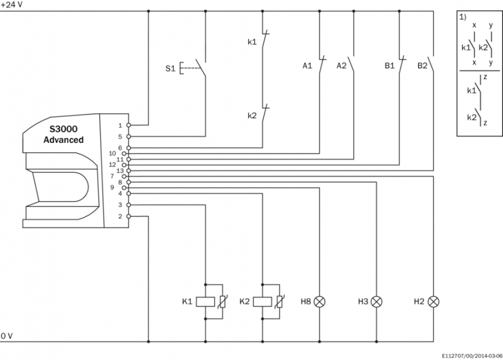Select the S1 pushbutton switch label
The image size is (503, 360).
click(x=171, y=68)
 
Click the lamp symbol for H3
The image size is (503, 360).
click(x=377, y=301)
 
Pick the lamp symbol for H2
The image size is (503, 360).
click(x=435, y=301)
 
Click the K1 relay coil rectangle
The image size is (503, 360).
click(x=206, y=301)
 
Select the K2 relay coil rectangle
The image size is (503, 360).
click(x=263, y=301)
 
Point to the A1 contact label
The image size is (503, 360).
click(x=307, y=65)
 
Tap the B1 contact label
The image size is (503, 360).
click(x=390, y=65)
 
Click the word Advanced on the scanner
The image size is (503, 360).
click(x=63, y=140)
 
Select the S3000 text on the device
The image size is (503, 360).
click(x=64, y=128)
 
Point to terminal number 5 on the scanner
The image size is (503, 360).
click(x=120, y=136)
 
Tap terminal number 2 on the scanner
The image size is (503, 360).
click(x=120, y=216)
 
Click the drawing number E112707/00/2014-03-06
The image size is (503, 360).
click(x=469, y=355)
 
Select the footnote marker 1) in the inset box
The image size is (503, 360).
click(x=463, y=17)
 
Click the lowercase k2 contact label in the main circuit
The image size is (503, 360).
click(x=252, y=115)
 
